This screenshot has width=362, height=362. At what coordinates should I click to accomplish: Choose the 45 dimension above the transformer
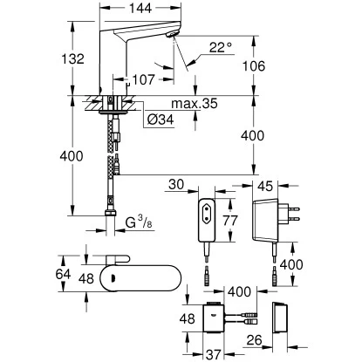(x=269, y=184)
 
